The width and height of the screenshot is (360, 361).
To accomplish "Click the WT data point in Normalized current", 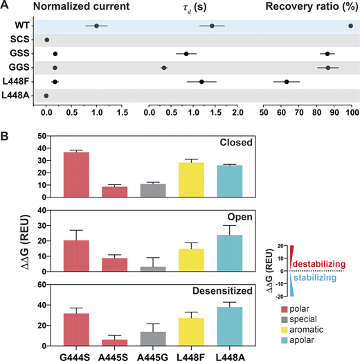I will (96, 26).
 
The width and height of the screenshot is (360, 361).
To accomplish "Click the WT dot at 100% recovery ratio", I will (351, 26).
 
